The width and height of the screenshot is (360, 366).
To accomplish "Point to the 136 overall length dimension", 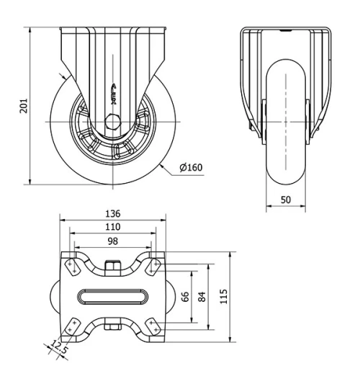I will [112, 214].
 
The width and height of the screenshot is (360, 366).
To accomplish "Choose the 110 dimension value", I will [112, 226].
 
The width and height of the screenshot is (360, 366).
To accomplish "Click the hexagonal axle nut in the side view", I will [112, 122].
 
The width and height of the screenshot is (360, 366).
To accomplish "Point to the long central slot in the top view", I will [112, 297].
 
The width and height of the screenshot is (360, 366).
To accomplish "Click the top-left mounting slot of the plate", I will [73, 266].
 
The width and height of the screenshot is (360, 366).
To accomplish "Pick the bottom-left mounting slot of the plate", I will [73, 328].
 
